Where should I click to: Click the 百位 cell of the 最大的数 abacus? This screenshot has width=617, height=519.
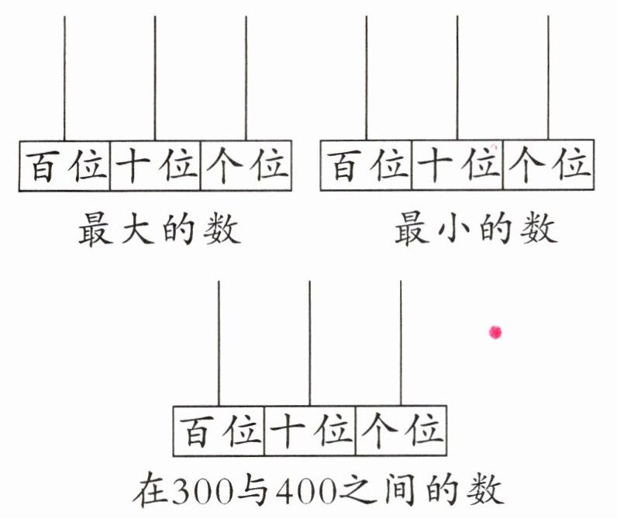(x=65, y=166)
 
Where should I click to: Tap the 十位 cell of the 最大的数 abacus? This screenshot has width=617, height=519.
(x=156, y=166)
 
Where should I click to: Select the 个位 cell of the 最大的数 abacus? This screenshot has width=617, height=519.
(x=246, y=166)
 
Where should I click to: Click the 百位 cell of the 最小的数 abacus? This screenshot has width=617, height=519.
(x=367, y=166)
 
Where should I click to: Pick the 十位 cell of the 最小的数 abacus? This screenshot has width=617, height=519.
(x=457, y=166)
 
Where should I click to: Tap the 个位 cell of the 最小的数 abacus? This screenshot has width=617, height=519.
(x=548, y=166)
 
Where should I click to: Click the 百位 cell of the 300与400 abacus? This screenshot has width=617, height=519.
(x=219, y=431)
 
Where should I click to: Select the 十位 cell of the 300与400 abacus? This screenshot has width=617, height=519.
(x=310, y=431)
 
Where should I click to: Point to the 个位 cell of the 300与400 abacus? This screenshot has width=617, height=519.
(x=401, y=431)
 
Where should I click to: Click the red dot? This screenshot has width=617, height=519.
(x=495, y=333)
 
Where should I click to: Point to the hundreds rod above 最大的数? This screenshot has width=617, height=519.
(x=64, y=78)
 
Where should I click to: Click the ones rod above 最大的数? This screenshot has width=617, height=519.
(x=246, y=78)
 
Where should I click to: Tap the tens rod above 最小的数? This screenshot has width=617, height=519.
(x=457, y=78)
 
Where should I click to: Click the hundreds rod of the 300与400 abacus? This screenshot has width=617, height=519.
(x=219, y=341)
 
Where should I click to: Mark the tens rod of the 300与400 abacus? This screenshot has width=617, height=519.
(x=310, y=341)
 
